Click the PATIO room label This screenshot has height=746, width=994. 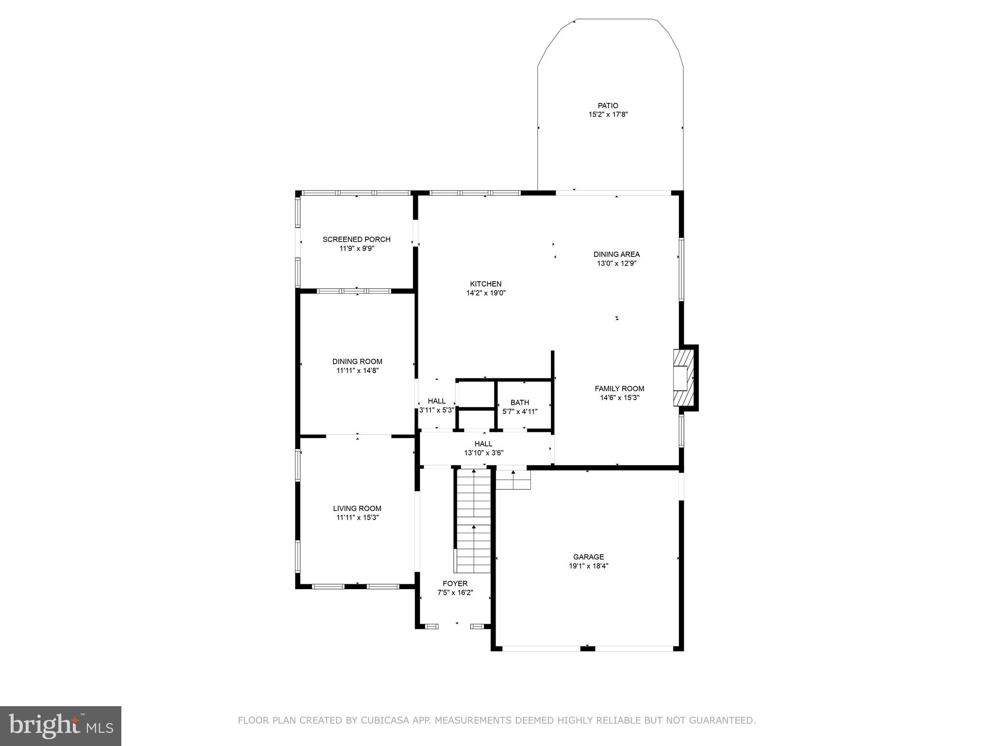pos(608,105)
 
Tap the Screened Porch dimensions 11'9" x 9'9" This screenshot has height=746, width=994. pos(357,249)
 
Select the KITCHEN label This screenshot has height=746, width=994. pos(485,284)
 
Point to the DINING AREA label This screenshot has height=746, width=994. pos(616,254)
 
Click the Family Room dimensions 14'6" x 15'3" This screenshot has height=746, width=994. pos(619,398)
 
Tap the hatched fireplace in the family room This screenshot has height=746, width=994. pos(683,378)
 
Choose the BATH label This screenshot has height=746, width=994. pos(519,402)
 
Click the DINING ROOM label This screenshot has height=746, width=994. pos(357,361)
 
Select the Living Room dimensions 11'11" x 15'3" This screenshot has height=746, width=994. pos(357,518)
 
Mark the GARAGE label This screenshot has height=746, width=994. pos(588,557)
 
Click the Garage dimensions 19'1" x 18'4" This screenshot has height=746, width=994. pos(588,566)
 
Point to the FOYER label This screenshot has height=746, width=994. pos(455,583)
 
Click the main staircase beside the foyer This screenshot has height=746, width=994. pos(474,520)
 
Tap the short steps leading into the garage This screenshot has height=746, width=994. pos(513,479)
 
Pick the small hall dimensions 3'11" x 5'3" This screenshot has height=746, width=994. pos(436,410)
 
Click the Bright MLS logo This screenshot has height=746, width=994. pos(60,726)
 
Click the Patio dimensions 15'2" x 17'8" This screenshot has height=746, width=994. pos(608,115)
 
